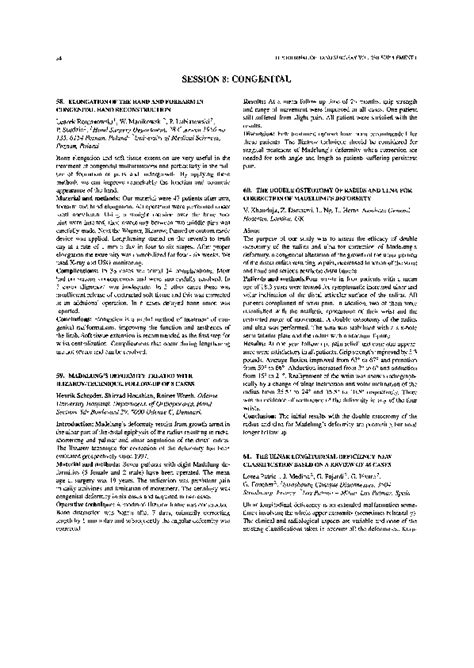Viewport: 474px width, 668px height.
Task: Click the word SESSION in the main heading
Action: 192,49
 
